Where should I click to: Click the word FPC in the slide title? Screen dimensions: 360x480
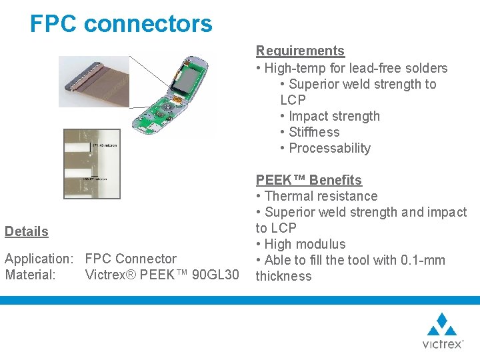click(x=54, y=24)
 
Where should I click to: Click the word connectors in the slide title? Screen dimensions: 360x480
click(x=148, y=24)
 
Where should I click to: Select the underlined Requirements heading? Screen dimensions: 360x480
click(x=300, y=51)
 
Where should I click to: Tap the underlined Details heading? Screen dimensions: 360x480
click(x=27, y=231)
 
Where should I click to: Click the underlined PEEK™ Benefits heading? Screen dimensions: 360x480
click(x=309, y=180)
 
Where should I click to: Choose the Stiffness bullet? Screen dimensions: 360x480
click(x=314, y=132)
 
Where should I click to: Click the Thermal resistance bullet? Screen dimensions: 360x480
click(x=321, y=196)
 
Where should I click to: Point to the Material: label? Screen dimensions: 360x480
click(x=30, y=275)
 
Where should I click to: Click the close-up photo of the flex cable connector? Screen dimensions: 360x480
click(x=94, y=81)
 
